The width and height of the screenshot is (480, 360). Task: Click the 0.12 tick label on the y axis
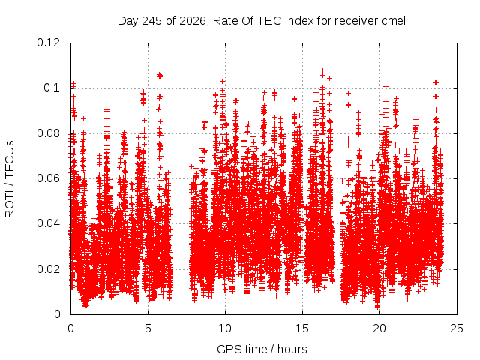[x=48, y=43]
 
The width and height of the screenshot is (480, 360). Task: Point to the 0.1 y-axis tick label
[x=52, y=88]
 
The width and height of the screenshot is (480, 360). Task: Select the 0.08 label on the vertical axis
[x=48, y=133]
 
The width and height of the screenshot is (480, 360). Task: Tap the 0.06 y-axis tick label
[x=48, y=178]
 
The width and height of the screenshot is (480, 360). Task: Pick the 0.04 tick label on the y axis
[x=48, y=223]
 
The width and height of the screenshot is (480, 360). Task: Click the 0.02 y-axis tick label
[x=48, y=269]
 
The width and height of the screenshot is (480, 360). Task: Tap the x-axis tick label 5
[x=148, y=328]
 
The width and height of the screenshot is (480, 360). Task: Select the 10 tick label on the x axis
[x=225, y=328]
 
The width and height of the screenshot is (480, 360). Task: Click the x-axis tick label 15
[x=302, y=328]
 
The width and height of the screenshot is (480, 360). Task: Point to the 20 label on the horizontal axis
[x=379, y=328]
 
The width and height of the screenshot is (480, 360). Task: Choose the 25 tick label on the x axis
[x=457, y=328]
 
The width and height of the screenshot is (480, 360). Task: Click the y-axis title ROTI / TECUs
[x=10, y=179]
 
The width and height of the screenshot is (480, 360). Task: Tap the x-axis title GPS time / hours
[x=262, y=349]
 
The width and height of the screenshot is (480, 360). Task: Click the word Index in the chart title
[x=298, y=21]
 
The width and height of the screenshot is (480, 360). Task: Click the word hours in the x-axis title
[x=292, y=349]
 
